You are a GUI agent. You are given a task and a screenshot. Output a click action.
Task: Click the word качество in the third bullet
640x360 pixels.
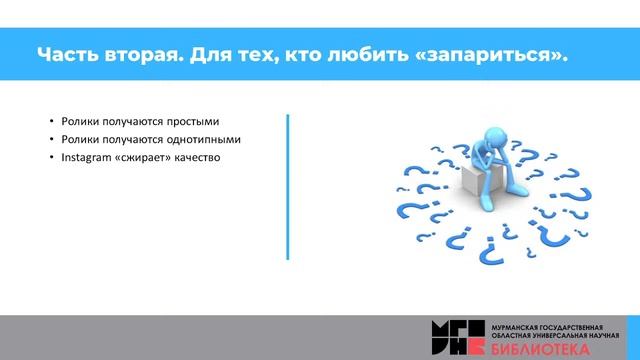click(x=195, y=157)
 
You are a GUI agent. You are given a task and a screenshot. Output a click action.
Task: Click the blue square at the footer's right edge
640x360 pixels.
click(x=632, y=337)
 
